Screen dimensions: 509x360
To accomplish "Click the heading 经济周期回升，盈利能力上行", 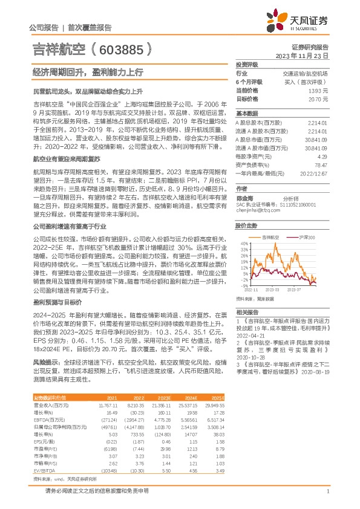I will point(88,72).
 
